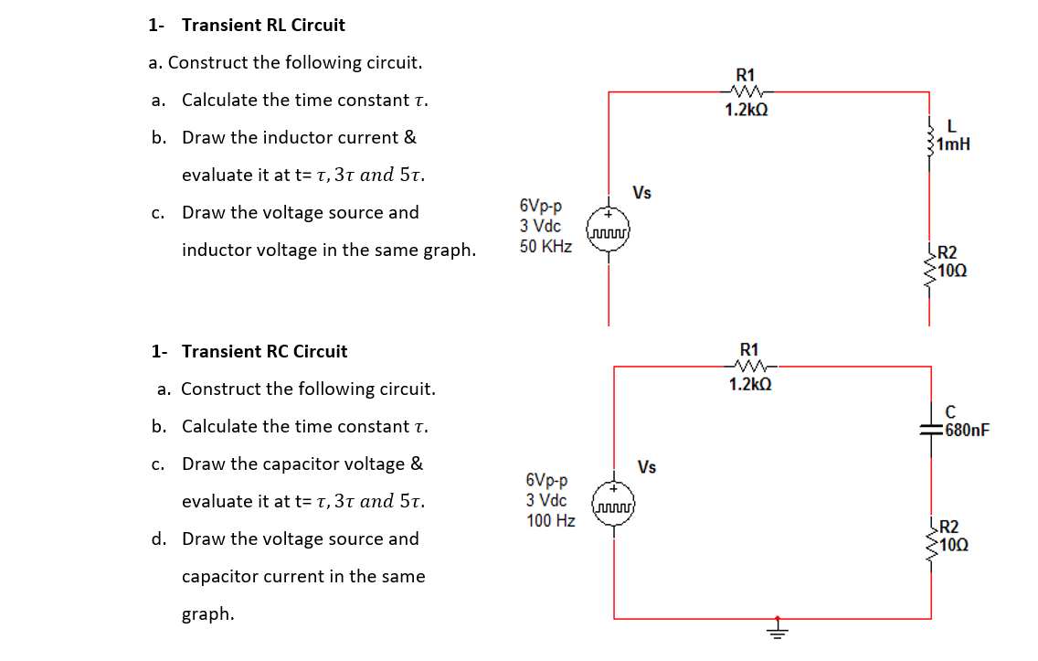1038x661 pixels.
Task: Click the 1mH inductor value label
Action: coord(953,144)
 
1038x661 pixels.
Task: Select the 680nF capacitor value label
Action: coord(968,431)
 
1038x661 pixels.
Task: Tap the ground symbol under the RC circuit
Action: coord(778,631)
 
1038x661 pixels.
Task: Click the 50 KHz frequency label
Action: coord(545,246)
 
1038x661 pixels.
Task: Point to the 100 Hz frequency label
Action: coord(551,521)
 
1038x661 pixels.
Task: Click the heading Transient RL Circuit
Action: coord(263,26)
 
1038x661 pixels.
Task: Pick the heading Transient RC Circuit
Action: coord(264,352)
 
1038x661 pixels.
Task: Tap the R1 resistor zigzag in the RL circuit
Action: coord(746,91)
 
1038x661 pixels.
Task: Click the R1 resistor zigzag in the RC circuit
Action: coord(749,367)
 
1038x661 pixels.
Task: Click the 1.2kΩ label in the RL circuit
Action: coord(747,111)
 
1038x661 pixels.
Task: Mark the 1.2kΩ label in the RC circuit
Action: coord(750,385)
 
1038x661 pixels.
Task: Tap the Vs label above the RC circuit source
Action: coord(647,467)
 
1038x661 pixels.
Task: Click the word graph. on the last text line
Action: coord(207,614)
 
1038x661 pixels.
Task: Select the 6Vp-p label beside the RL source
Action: coord(542,207)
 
